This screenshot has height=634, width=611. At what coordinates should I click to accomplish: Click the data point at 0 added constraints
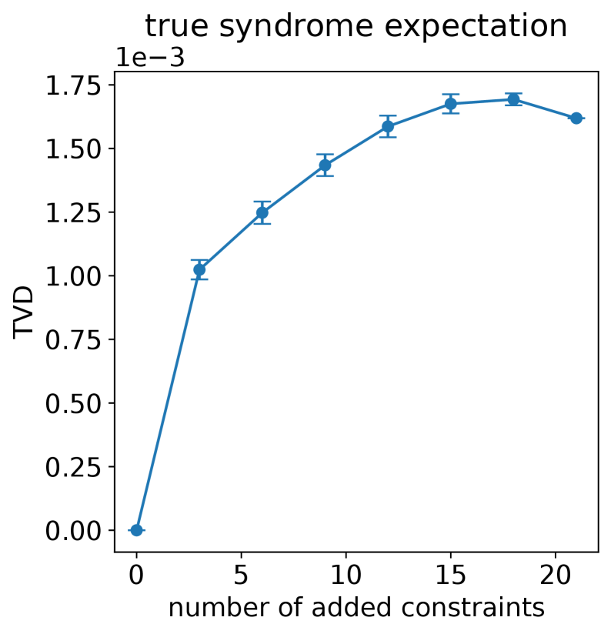[137, 529]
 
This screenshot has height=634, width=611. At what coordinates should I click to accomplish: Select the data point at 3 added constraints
[199, 269]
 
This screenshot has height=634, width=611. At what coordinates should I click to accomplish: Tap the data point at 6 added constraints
[262, 212]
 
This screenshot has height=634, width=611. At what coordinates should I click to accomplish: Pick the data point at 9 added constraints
[325, 165]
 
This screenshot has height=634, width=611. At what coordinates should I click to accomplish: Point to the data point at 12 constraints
[388, 126]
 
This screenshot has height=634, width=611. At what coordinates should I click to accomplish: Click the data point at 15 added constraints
[450, 104]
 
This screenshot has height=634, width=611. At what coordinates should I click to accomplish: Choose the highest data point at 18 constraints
[513, 99]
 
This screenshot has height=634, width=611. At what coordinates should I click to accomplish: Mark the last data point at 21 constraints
[576, 118]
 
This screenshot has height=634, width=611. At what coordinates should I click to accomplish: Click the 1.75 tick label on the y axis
[73, 85]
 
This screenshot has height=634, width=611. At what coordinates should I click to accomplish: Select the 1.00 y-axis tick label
[73, 276]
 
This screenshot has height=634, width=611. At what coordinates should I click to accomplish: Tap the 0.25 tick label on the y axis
[73, 467]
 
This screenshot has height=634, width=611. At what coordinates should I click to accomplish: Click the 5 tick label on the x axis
[241, 575]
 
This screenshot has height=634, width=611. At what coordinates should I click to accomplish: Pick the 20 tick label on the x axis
[555, 575]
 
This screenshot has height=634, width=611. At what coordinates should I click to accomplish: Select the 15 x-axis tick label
[450, 575]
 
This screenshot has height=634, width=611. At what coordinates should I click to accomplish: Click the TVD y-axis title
[23, 312]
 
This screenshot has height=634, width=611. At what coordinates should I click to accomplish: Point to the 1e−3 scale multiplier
[150, 58]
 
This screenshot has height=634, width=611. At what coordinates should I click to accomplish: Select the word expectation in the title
[476, 26]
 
